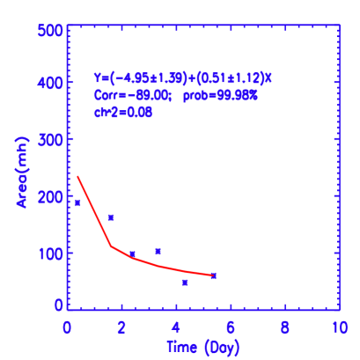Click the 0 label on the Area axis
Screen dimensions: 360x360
[x=59, y=305]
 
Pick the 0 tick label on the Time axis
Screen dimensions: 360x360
[x=68, y=327]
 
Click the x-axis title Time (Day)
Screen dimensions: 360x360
[x=203, y=347]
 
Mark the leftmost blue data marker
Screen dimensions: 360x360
[x=77, y=202]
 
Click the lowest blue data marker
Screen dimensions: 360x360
[x=185, y=283]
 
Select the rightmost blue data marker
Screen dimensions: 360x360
[x=213, y=276]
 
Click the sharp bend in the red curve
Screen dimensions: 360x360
[x=111, y=246]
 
